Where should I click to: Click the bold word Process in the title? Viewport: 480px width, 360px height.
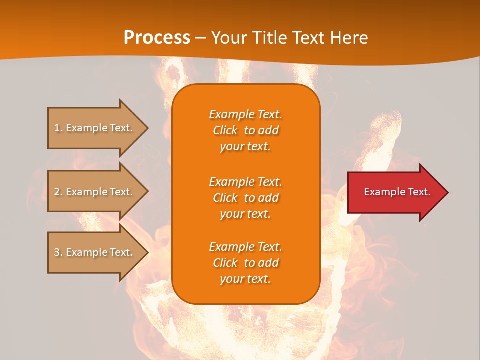click(157, 38)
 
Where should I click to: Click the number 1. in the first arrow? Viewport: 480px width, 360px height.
click(58, 128)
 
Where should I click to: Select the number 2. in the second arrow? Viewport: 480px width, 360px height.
click(58, 192)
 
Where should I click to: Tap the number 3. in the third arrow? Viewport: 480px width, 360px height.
click(58, 252)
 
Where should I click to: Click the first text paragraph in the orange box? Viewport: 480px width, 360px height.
click(245, 130)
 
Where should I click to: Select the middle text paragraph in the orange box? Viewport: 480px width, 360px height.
click(245, 198)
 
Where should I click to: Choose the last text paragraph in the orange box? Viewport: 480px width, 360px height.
click(245, 263)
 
